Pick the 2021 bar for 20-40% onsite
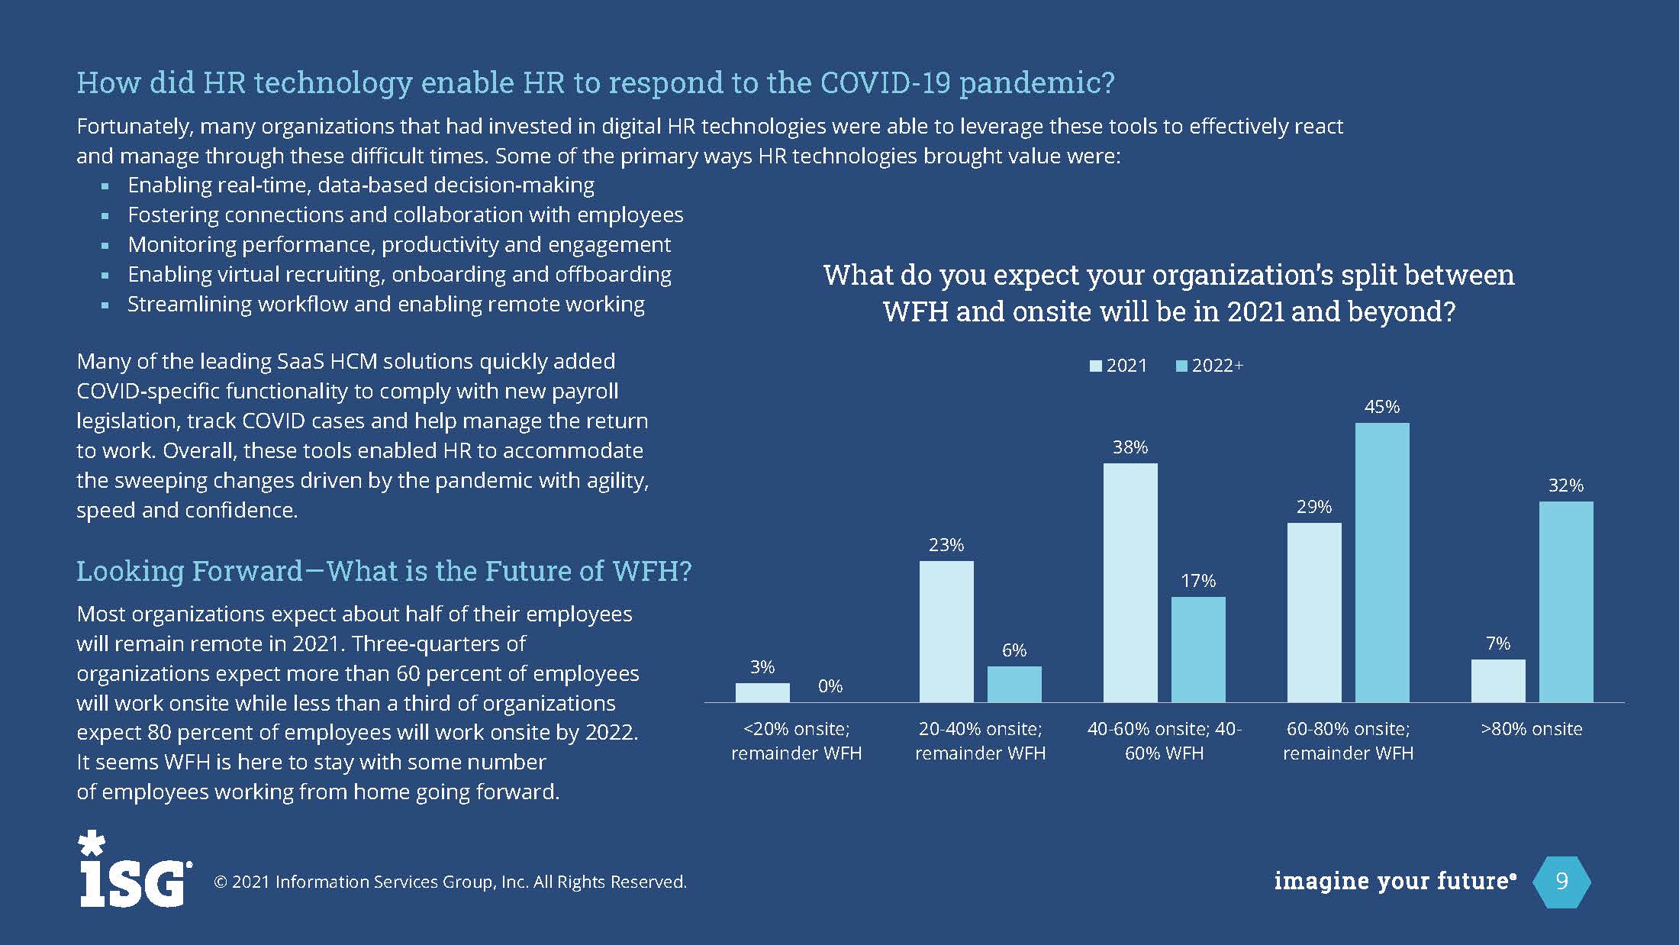(x=946, y=631)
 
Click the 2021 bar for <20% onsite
(x=762, y=692)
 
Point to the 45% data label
(x=1382, y=407)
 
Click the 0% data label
(x=830, y=686)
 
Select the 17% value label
(x=1198, y=581)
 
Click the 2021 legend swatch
(x=1096, y=366)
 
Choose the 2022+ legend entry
(x=1210, y=366)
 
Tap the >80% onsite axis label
(x=1532, y=729)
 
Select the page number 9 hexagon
(x=1561, y=882)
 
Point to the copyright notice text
(x=450, y=882)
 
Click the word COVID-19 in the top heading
(x=885, y=82)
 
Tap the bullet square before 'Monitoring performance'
(x=105, y=246)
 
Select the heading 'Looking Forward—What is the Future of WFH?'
(x=384, y=571)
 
